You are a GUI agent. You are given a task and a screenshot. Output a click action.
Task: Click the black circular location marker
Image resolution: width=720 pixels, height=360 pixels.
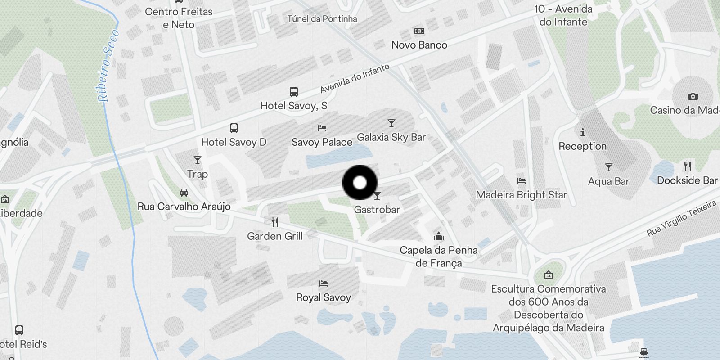360,183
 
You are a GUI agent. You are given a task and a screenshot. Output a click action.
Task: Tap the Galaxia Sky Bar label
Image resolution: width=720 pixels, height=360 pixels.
391,137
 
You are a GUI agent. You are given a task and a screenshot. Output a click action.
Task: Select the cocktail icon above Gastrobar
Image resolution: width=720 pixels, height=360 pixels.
377,196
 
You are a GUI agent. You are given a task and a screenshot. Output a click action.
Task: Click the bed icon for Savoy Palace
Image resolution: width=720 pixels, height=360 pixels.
322,128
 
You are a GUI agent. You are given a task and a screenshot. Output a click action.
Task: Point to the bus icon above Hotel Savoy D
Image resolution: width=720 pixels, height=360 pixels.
234,128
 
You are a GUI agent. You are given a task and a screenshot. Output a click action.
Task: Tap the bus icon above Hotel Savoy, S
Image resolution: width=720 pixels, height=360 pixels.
293,92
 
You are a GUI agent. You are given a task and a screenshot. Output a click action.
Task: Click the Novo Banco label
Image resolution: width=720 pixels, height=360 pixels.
419,45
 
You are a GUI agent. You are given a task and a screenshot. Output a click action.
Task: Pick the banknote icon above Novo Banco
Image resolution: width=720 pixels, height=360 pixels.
419,31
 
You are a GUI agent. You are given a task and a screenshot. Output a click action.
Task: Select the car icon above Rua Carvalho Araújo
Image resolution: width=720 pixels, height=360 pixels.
184,193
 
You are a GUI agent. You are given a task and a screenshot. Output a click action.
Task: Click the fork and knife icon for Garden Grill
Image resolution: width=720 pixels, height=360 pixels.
275,222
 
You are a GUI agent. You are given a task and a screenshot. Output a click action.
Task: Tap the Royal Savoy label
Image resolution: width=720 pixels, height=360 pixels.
323,297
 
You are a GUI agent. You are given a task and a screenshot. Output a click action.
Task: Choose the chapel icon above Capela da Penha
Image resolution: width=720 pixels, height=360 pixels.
439,236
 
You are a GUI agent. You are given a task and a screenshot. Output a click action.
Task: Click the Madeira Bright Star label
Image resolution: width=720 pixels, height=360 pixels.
521,195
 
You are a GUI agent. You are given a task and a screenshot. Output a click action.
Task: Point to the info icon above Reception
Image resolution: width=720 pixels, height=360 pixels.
583,132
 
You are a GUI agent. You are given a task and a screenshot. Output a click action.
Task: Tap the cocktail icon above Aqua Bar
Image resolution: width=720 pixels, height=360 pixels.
608,167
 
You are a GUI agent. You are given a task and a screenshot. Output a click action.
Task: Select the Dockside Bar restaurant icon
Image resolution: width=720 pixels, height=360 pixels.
687,166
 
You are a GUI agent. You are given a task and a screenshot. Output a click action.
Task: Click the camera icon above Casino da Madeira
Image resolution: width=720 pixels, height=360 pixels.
693,96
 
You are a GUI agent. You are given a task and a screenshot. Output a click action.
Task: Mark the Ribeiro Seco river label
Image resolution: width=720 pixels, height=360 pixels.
108,66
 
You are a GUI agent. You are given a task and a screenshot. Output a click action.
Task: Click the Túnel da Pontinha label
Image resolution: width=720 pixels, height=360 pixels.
322,19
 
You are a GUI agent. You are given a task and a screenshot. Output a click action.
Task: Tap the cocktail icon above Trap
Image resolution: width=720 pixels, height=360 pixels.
197,160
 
